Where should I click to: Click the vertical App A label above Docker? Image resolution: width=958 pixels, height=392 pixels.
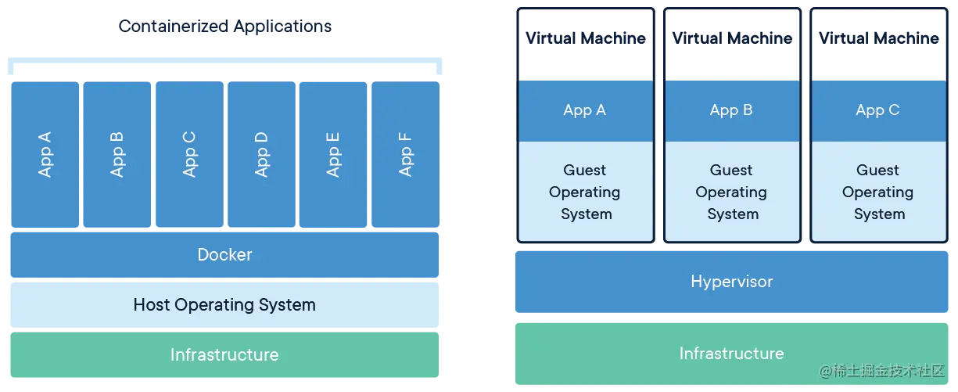(x=45, y=154)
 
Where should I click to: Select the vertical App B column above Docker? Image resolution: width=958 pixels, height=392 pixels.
(x=117, y=154)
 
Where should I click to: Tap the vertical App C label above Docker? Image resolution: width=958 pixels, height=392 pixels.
(x=188, y=154)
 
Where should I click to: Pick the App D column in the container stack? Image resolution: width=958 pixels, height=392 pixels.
(x=261, y=154)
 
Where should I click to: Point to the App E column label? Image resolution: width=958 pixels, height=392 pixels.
(x=333, y=154)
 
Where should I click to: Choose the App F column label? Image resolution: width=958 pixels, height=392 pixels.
(x=405, y=154)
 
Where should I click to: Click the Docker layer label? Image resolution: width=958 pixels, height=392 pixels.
(x=224, y=255)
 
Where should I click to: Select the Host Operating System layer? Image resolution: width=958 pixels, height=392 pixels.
(x=224, y=305)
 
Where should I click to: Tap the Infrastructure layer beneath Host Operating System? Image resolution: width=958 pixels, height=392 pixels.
(x=224, y=355)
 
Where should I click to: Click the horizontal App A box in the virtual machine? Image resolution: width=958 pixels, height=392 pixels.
(x=585, y=110)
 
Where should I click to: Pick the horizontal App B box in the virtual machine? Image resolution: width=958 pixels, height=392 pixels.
(x=731, y=110)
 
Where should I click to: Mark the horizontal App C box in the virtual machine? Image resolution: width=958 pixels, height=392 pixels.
(x=877, y=110)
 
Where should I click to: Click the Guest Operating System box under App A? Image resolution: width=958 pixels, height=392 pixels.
(x=585, y=192)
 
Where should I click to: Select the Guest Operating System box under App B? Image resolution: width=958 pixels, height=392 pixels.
(x=731, y=192)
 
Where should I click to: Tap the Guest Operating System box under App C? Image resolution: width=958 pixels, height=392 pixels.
(x=877, y=192)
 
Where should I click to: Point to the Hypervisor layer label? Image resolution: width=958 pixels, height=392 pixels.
(x=731, y=282)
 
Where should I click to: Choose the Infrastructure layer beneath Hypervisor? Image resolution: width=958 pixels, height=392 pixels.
(x=731, y=354)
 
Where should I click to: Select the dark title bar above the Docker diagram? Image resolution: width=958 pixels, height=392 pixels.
(x=225, y=28)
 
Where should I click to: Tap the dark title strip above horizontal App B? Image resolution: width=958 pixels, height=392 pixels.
(x=731, y=37)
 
